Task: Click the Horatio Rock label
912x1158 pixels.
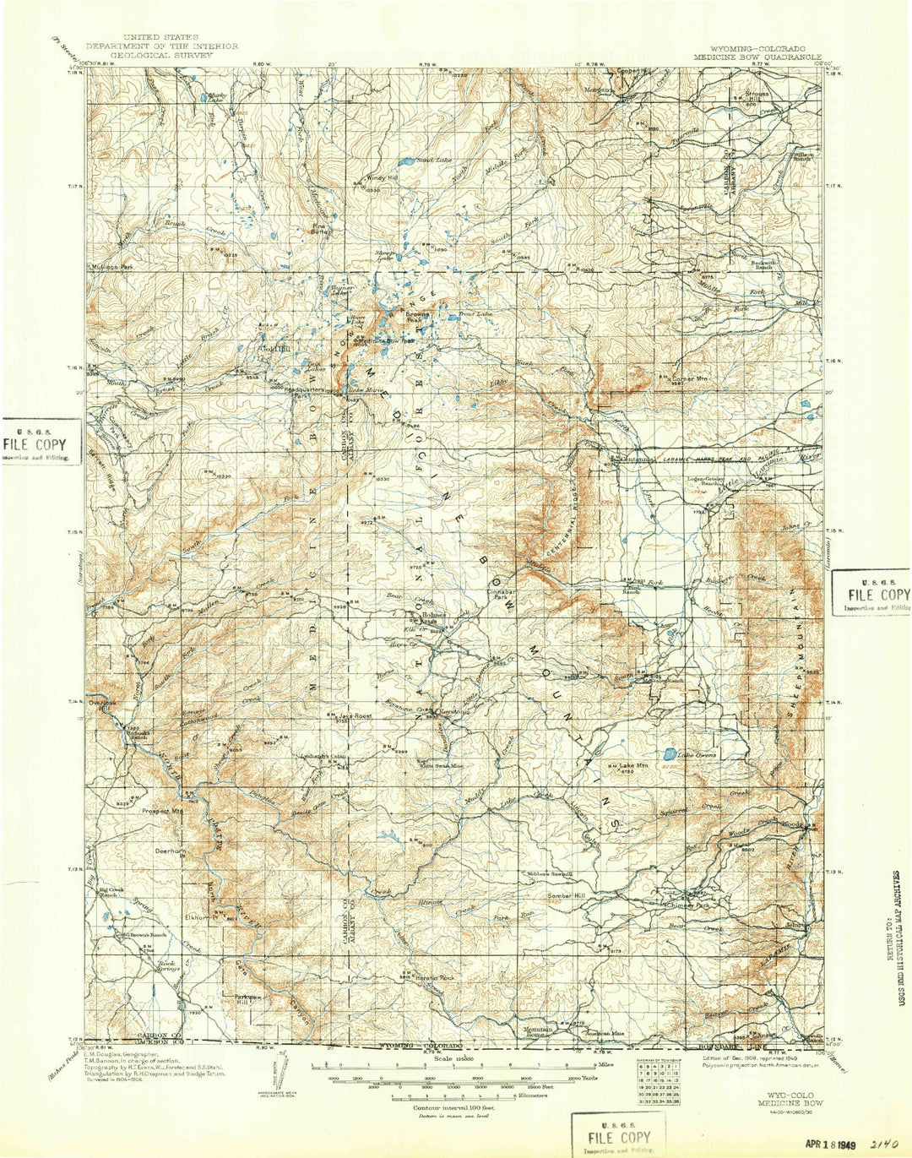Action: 434,977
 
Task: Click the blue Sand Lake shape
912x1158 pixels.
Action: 405,160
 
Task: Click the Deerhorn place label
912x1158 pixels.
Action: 170,851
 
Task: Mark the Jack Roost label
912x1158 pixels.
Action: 355,715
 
